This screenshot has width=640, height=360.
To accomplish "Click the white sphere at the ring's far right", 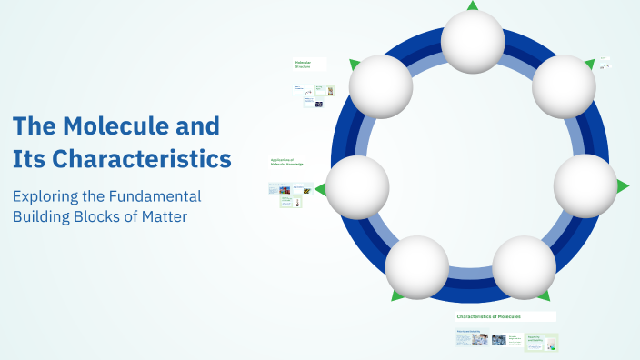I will coord(585,185).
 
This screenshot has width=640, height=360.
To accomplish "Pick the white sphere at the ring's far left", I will coord(357,187).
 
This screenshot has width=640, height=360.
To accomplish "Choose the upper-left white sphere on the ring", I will coord(381,87).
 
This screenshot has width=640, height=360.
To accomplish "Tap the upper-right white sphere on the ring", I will coord(564,87).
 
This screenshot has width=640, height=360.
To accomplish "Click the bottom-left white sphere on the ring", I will coord(417,267).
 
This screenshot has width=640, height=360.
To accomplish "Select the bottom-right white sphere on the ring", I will coord(525,267).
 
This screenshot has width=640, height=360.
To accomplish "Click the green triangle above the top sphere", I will coord(473,5).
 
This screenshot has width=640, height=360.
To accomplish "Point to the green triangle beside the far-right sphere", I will coord(623,186).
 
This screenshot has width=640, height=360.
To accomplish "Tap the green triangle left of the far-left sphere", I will coord(320,189).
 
